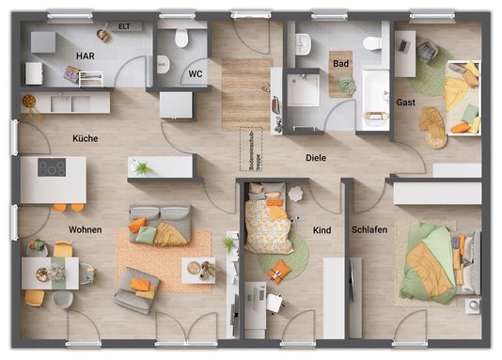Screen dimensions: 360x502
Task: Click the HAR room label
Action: [86, 56]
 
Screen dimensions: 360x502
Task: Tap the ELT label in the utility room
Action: [123, 26]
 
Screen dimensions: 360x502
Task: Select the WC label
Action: [196, 72]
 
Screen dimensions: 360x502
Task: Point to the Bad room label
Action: [339, 64]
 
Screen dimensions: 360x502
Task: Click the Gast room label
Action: [406, 102]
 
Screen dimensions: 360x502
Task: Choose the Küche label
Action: [85, 138]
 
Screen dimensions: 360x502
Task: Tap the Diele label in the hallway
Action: [315, 158]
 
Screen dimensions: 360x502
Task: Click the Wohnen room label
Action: [85, 229]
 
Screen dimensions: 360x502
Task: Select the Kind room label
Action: [322, 229]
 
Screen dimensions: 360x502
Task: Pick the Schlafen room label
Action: [369, 229]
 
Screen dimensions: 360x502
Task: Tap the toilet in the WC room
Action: [181, 38]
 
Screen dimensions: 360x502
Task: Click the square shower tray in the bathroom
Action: [304, 90]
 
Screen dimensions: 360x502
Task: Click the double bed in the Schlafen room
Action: [437, 259]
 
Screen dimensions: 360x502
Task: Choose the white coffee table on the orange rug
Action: [198, 270]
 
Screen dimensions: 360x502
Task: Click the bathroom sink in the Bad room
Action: [303, 42]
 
